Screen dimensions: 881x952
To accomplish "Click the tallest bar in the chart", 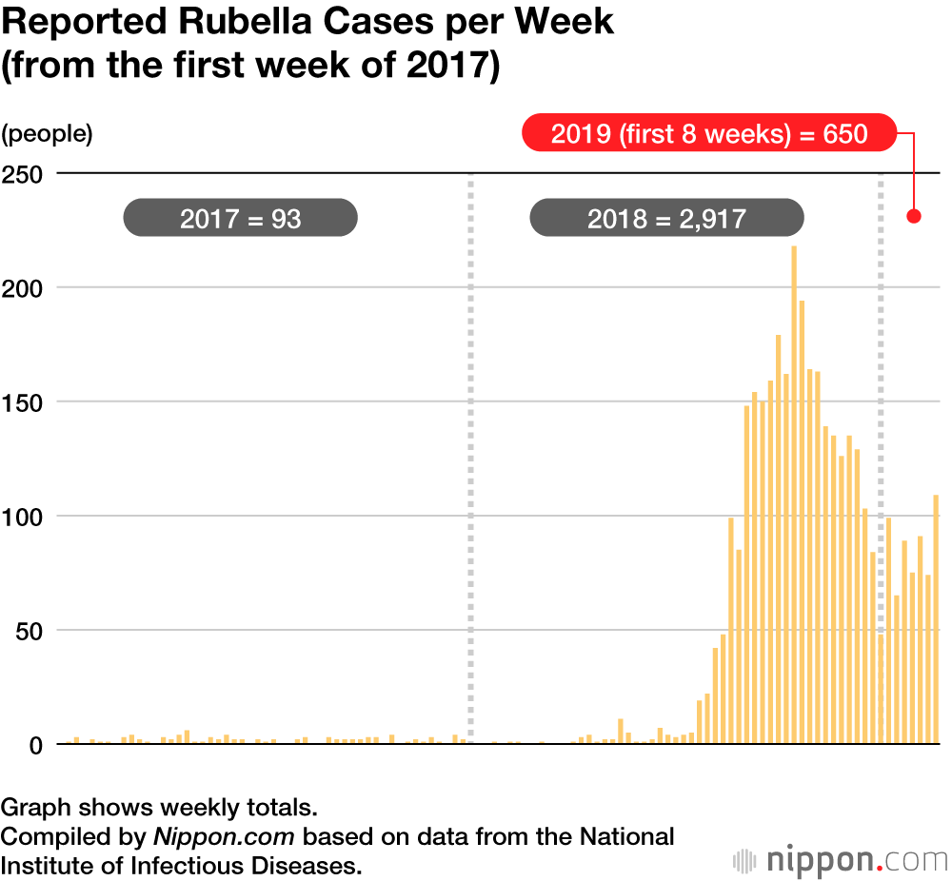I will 794,495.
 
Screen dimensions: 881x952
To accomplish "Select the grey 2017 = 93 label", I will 240,219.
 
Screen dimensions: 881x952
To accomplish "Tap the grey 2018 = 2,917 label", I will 666,219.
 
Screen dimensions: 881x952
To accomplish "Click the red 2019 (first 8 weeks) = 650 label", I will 709,133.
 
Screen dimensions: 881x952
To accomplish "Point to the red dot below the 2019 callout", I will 914,216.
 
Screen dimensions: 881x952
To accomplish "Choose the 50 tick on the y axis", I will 28,631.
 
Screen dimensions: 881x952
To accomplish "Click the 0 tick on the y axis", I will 36,745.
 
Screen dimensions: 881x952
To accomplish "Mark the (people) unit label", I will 48,134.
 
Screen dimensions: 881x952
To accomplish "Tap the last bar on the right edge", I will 936,618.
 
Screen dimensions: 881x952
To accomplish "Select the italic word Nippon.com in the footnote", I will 225,837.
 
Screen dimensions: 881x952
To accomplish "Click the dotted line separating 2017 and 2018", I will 470,457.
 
